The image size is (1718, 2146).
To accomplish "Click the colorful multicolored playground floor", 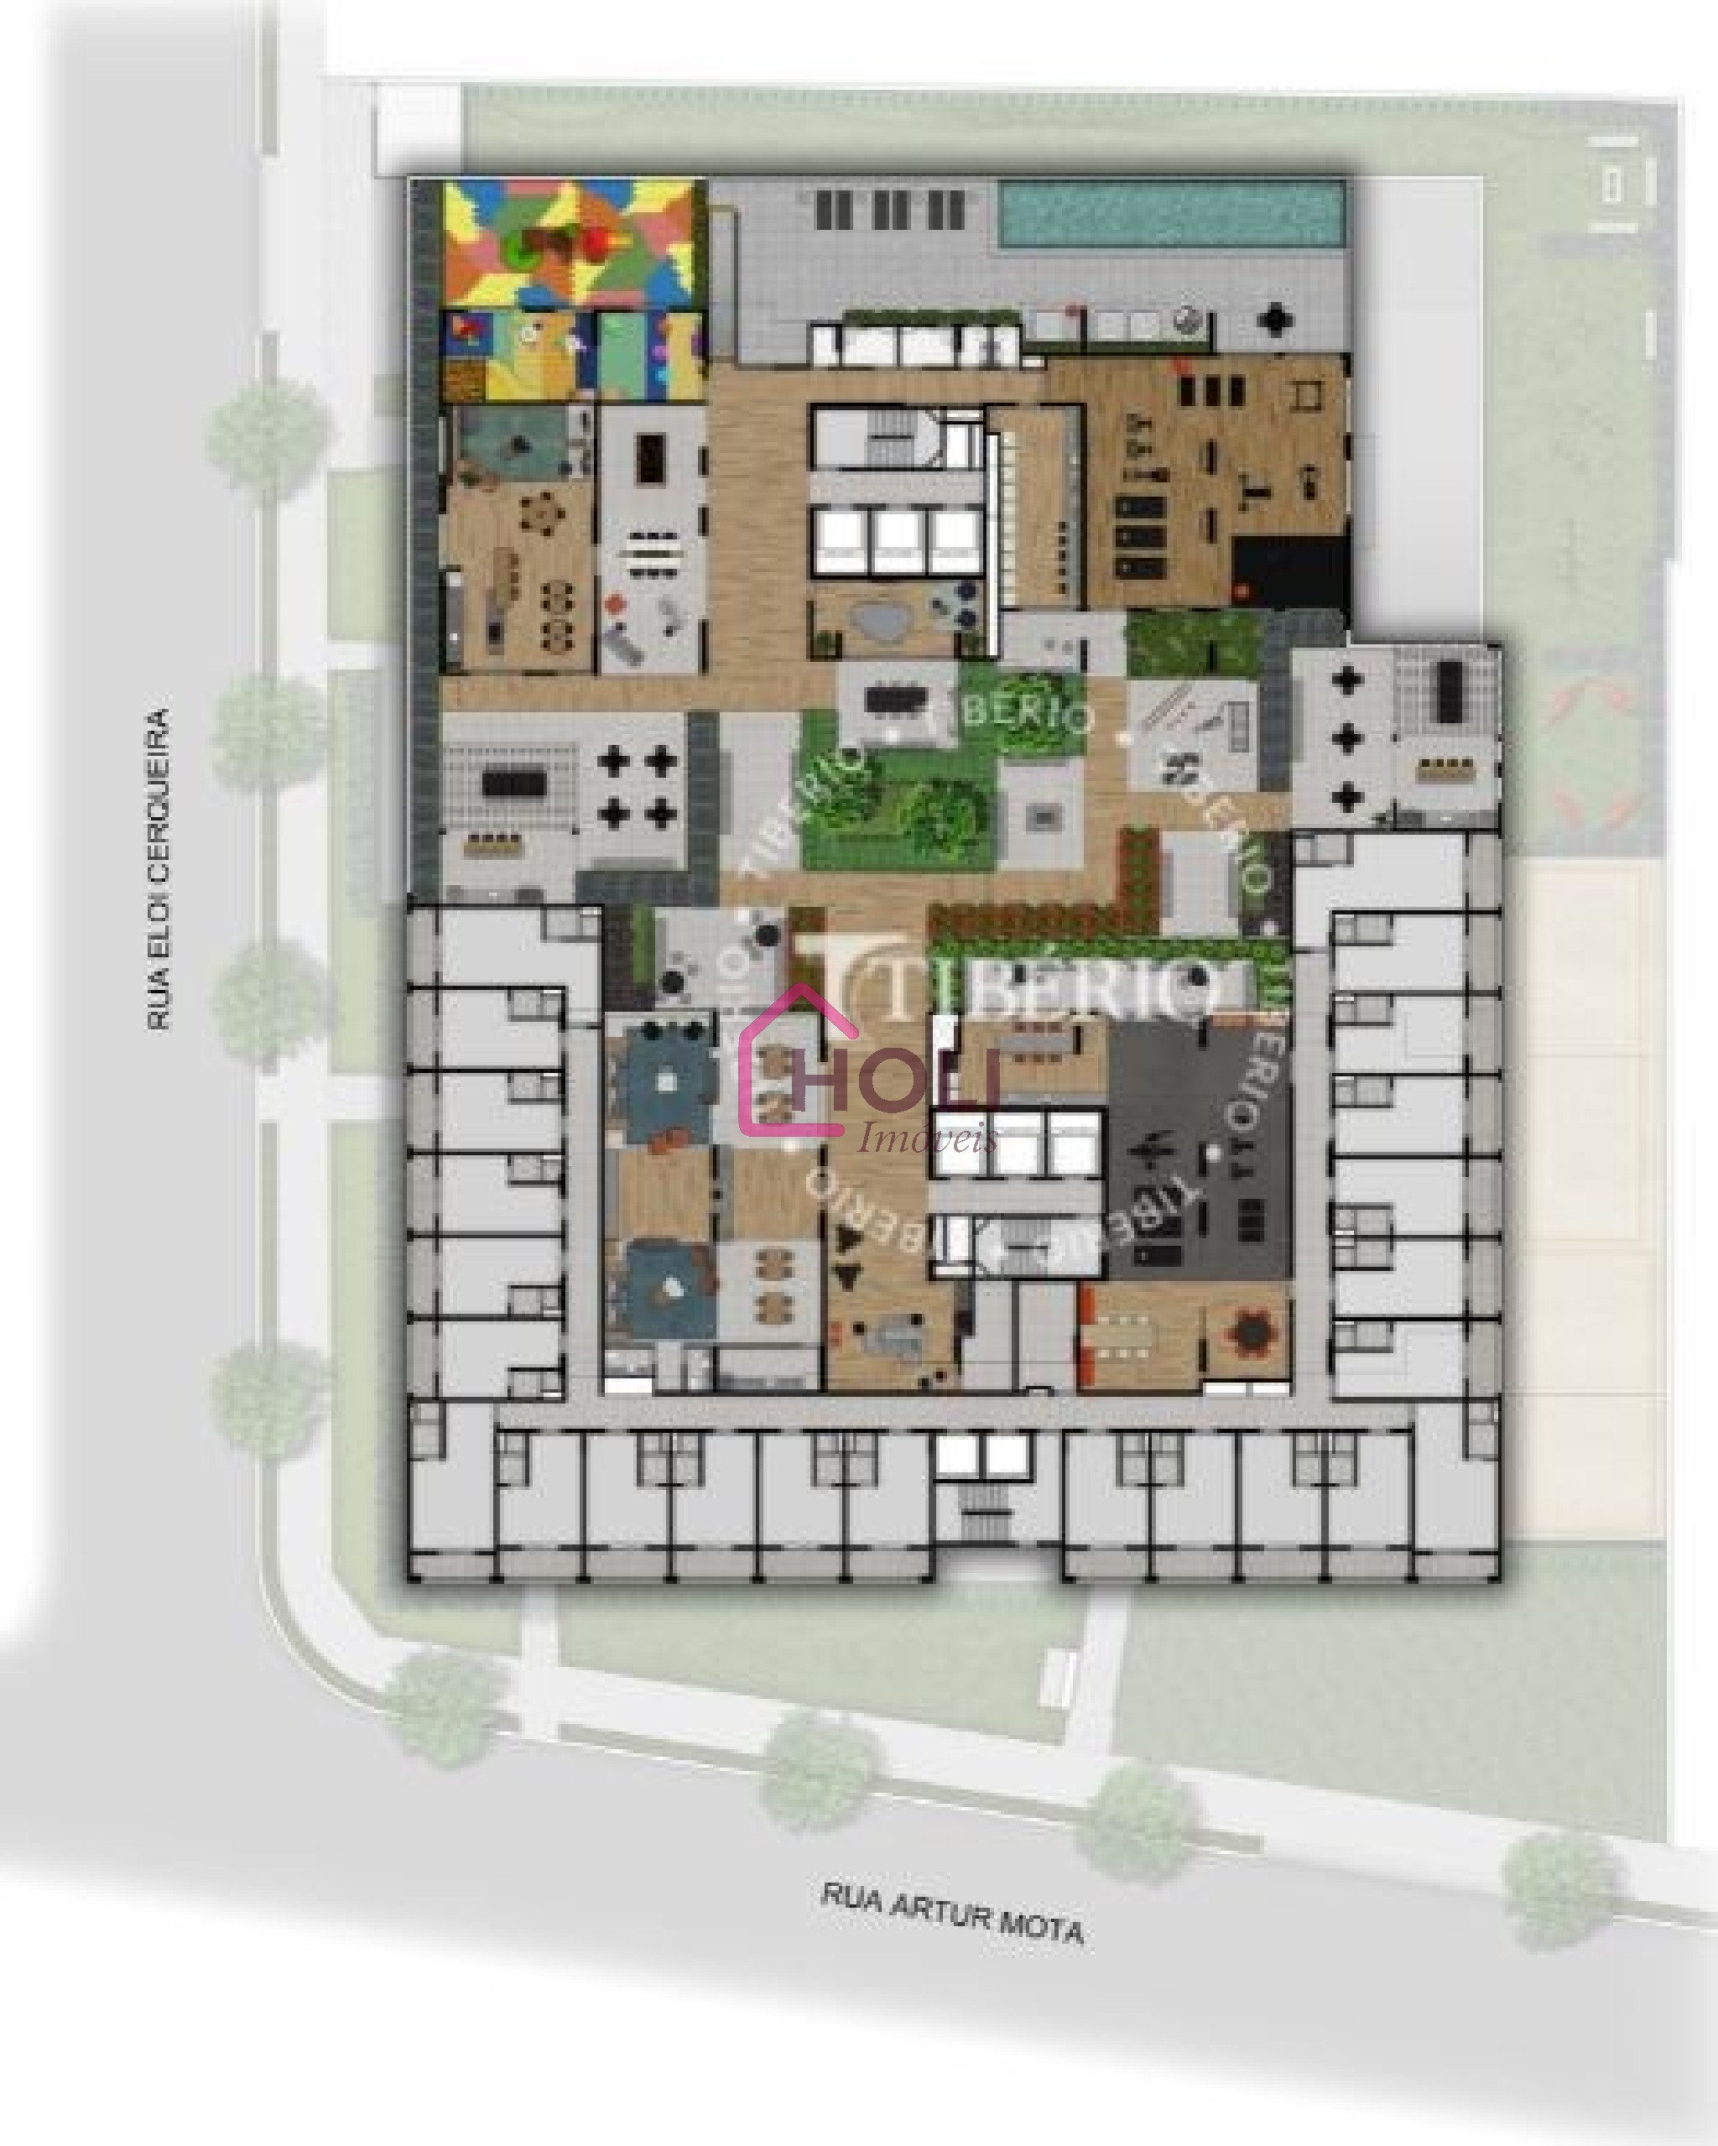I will pos(572,241).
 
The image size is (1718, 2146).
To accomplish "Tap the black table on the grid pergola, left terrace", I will pos(513,784).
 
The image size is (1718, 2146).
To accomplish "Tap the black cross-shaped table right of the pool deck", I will pos(1274,320).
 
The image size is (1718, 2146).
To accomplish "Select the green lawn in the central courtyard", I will pos(896,796).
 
